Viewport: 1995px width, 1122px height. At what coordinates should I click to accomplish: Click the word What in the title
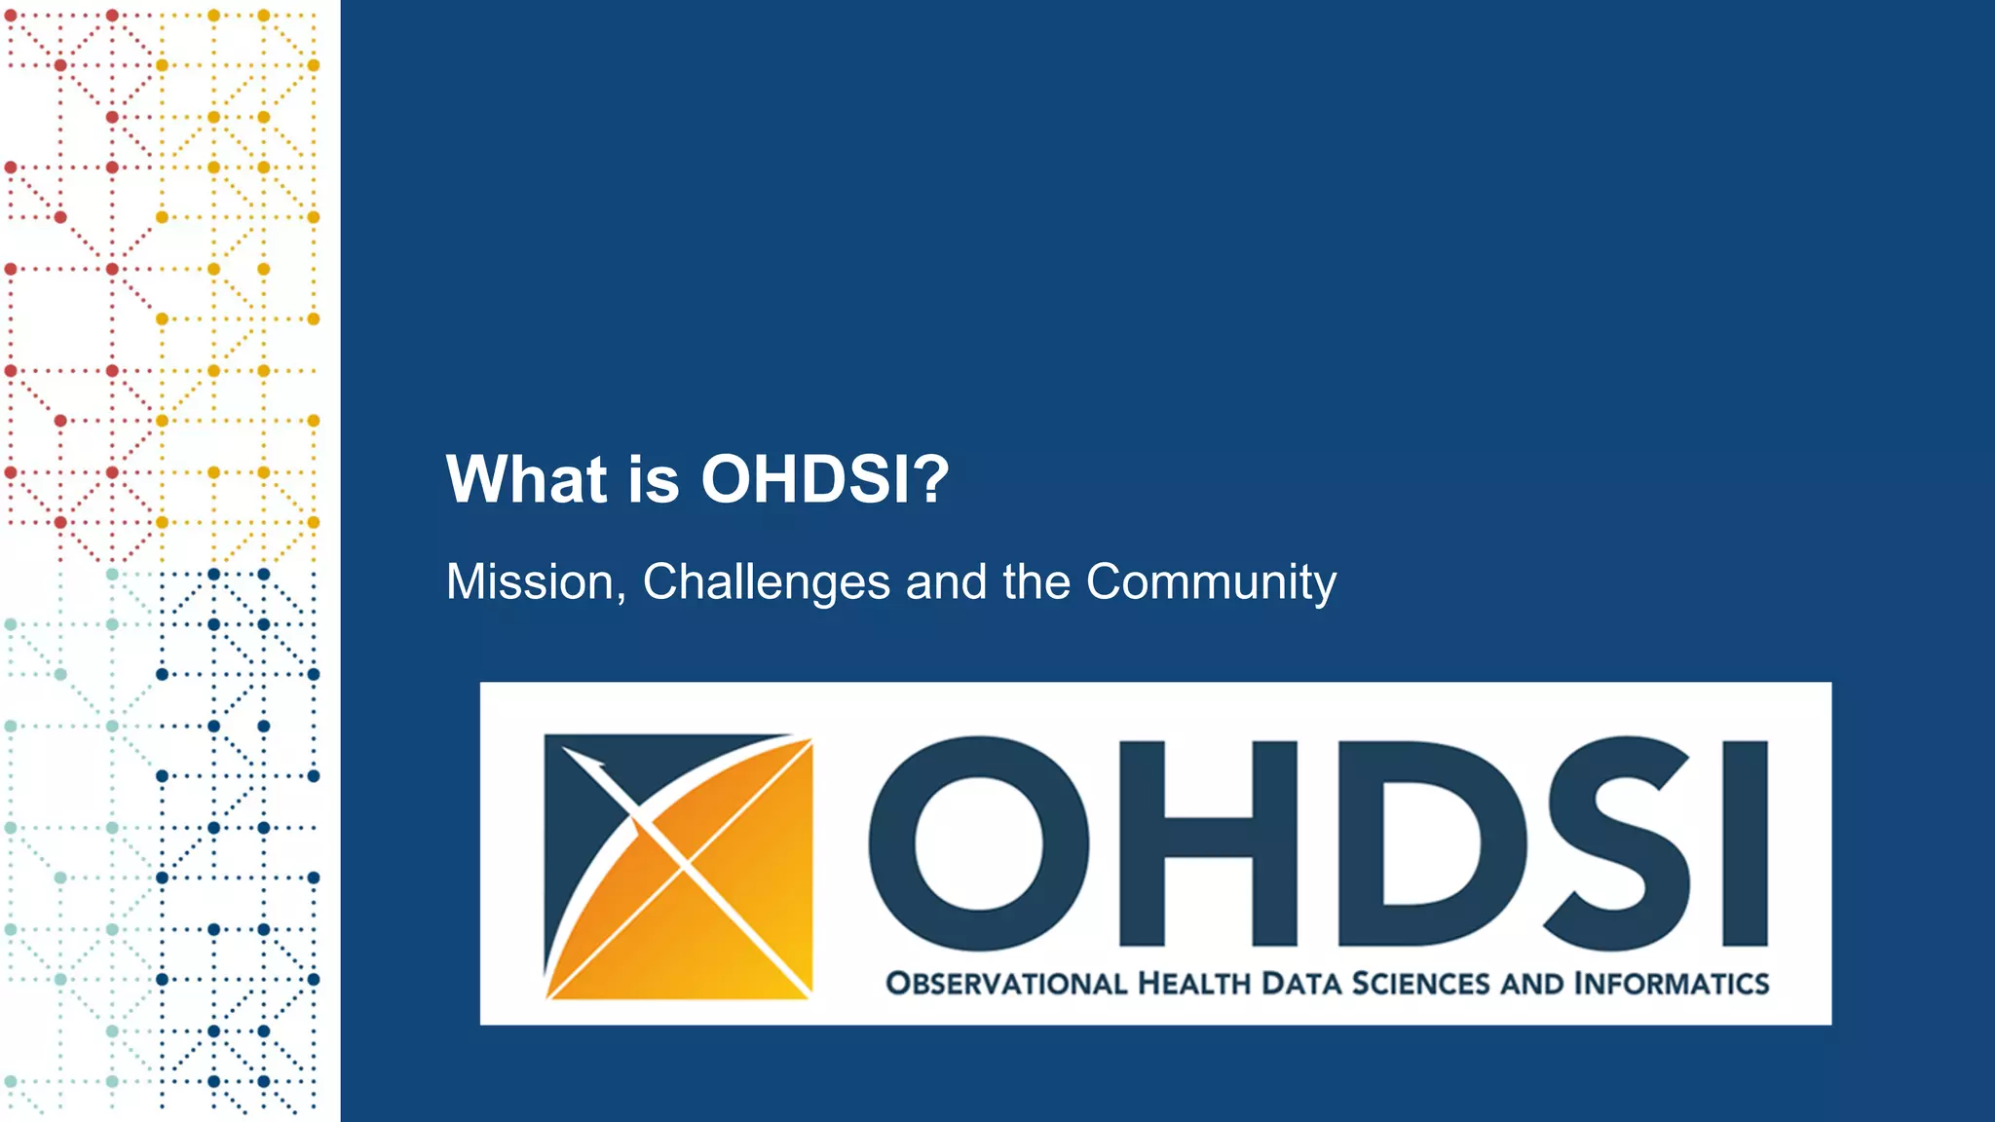[526, 479]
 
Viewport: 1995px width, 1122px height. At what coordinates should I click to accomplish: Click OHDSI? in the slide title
[824, 479]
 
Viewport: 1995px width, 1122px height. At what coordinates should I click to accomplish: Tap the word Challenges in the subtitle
[766, 582]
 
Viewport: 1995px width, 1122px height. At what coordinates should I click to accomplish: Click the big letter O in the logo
[978, 843]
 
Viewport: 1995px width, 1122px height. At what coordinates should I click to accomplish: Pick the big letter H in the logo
[1208, 843]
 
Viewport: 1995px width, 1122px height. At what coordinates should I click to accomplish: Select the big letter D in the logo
[1430, 843]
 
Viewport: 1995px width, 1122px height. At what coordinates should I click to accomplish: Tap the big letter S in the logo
[1619, 843]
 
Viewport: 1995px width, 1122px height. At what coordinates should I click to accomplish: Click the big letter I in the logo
[1745, 843]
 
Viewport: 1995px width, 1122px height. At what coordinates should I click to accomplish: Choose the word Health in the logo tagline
[1193, 984]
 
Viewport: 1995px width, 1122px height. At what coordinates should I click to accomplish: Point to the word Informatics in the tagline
[1672, 984]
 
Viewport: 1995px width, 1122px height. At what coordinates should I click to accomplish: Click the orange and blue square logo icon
[678, 867]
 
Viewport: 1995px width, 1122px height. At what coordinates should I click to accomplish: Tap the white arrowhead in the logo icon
[584, 761]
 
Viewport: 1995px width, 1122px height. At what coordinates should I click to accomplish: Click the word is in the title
[653, 479]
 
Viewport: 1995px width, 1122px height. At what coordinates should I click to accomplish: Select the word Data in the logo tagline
[1300, 984]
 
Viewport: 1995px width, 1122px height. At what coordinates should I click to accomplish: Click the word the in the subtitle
[1036, 582]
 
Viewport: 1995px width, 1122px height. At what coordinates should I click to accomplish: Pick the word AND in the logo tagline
[1531, 984]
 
